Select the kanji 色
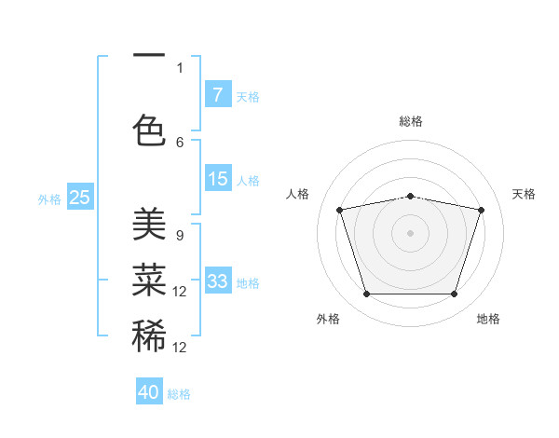tap(149, 131)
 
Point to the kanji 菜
tap(149, 281)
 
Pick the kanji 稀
tap(149, 335)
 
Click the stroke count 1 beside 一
tap(180, 67)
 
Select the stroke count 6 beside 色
tap(180, 142)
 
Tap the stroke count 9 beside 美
tap(180, 235)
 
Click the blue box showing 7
tap(217, 94)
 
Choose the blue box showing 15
tap(217, 179)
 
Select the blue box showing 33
tap(217, 281)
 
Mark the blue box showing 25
tap(80, 197)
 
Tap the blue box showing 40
tap(149, 392)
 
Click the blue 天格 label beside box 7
tap(248, 96)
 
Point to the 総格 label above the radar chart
tap(411, 121)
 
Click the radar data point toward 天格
tap(482, 210)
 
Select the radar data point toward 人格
tap(340, 210)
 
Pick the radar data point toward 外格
tap(366, 294)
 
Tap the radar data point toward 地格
tap(455, 294)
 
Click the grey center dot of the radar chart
tap(411, 232)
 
